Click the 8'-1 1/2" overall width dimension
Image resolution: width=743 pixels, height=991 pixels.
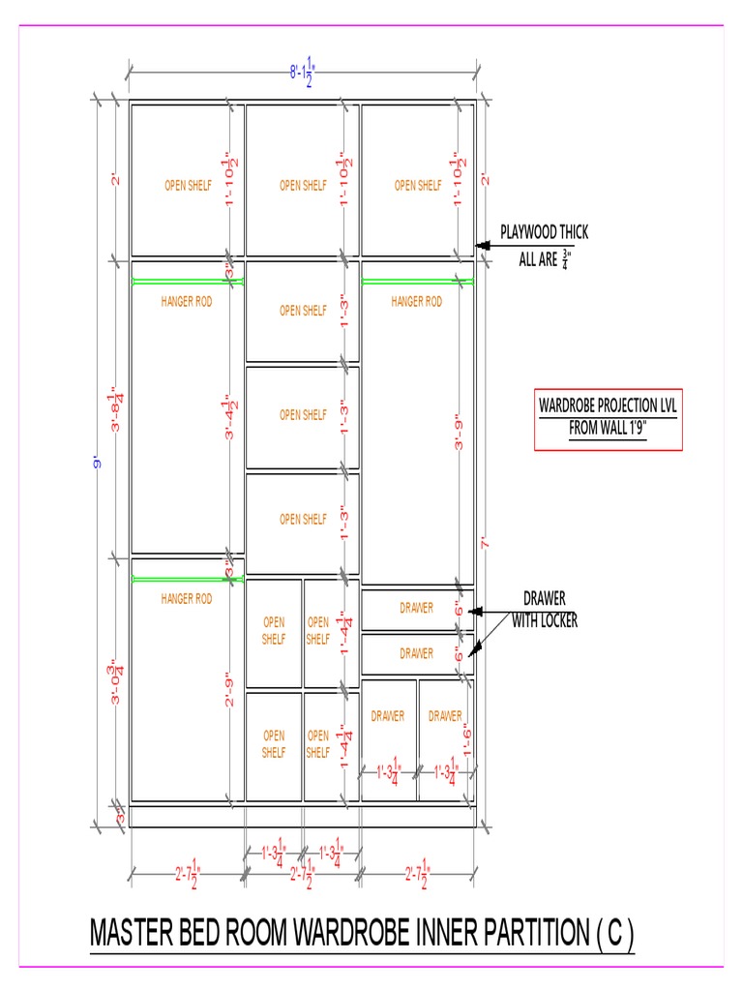click(303, 73)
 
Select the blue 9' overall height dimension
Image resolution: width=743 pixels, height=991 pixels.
click(97, 464)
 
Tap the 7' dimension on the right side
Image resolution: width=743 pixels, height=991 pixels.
click(484, 544)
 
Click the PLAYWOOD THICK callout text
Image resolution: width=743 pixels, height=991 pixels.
click(544, 232)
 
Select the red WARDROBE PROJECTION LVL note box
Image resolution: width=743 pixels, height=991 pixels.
click(609, 420)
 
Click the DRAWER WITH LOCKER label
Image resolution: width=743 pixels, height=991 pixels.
click(545, 610)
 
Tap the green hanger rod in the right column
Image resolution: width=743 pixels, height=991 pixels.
click(418, 282)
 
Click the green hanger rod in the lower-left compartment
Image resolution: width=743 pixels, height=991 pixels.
click(187, 579)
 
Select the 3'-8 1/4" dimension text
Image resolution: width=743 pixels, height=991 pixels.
click(117, 410)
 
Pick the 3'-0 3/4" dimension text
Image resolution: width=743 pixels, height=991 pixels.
click(117, 682)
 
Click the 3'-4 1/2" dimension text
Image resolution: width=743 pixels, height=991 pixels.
click(230, 417)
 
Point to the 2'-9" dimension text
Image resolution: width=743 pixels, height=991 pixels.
click(230, 689)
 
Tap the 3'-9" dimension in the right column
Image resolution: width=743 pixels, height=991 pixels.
click(460, 433)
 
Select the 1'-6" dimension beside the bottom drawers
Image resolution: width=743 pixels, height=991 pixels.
click(465, 743)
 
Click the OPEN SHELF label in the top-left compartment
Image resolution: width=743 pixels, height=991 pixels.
click(188, 186)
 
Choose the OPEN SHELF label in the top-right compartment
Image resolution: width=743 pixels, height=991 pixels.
click(418, 186)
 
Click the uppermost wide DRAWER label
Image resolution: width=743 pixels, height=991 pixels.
click(416, 608)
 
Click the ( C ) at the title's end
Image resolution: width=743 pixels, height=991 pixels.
click(614, 935)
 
